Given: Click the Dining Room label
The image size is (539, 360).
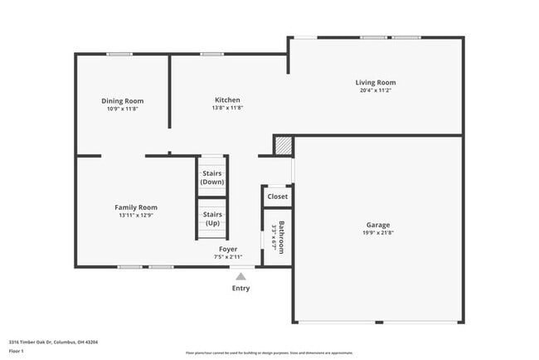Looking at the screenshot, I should (x=123, y=100).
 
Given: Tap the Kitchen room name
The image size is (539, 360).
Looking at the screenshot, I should (x=227, y=100).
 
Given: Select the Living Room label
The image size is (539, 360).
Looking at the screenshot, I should (x=376, y=82).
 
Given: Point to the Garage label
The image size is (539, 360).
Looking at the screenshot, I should (x=378, y=225).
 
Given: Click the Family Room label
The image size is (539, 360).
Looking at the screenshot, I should (x=136, y=207).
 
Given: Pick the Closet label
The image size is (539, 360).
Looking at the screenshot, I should (x=277, y=197).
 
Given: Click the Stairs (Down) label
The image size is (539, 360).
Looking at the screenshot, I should (x=212, y=178).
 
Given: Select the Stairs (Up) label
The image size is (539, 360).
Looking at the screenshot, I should (x=212, y=218).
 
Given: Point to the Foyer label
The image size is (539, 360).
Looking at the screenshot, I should (x=228, y=249).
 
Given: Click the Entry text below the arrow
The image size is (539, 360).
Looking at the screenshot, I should (x=240, y=289).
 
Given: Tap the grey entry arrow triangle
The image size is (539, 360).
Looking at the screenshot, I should (x=240, y=276).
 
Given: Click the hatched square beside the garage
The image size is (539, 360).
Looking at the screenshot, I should (x=284, y=145).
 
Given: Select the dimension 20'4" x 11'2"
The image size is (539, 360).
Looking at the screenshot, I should (x=376, y=90).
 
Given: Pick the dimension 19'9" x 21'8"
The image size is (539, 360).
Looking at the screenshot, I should (x=378, y=233).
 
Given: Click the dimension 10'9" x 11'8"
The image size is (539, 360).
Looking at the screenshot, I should (x=123, y=109).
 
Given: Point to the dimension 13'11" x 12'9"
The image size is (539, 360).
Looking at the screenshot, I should (x=136, y=216).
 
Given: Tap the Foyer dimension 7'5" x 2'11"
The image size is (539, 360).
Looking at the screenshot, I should (x=228, y=257).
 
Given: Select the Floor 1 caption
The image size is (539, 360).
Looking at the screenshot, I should (x=16, y=351).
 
